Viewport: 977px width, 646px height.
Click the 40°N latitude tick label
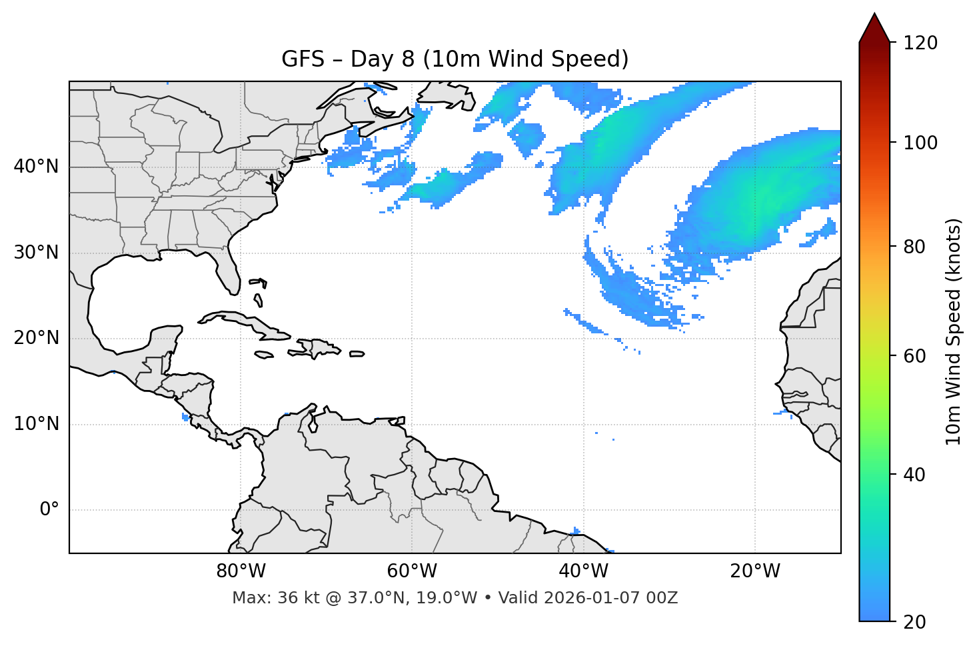[36, 167]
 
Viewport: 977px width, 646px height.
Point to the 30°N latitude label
[36, 253]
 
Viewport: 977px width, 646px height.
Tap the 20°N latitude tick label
[36, 338]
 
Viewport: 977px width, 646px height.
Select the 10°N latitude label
[36, 424]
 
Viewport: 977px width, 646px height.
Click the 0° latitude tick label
[49, 510]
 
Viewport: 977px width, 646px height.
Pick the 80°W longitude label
[241, 571]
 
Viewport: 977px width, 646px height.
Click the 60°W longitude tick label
[412, 571]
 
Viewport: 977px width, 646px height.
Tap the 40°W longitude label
[583, 571]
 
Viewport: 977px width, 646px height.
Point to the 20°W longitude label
[754, 571]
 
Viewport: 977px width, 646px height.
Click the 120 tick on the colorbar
[920, 43]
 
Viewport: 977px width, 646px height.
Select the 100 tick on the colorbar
[920, 143]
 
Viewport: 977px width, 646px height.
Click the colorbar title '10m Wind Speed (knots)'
[954, 332]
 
